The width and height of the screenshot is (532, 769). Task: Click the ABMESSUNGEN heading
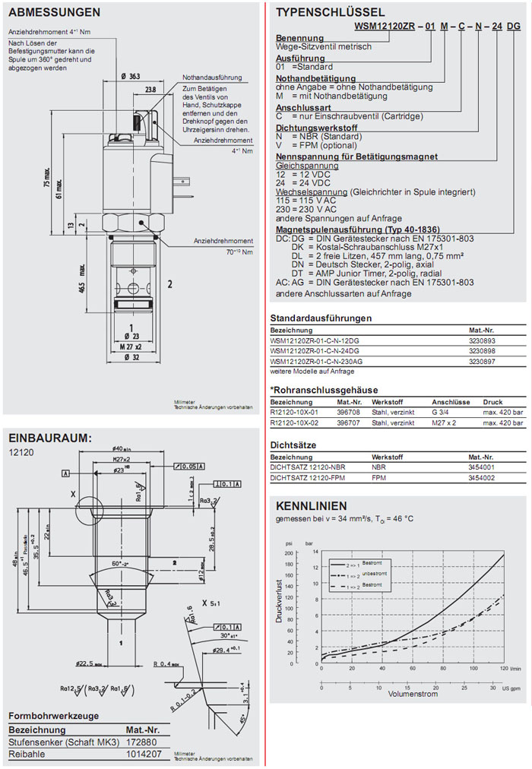tap(53, 12)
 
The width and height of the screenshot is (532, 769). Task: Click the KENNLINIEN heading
tap(312, 505)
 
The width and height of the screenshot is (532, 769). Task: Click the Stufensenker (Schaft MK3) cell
tap(64, 741)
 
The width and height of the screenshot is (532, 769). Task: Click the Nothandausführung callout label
tap(212, 78)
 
